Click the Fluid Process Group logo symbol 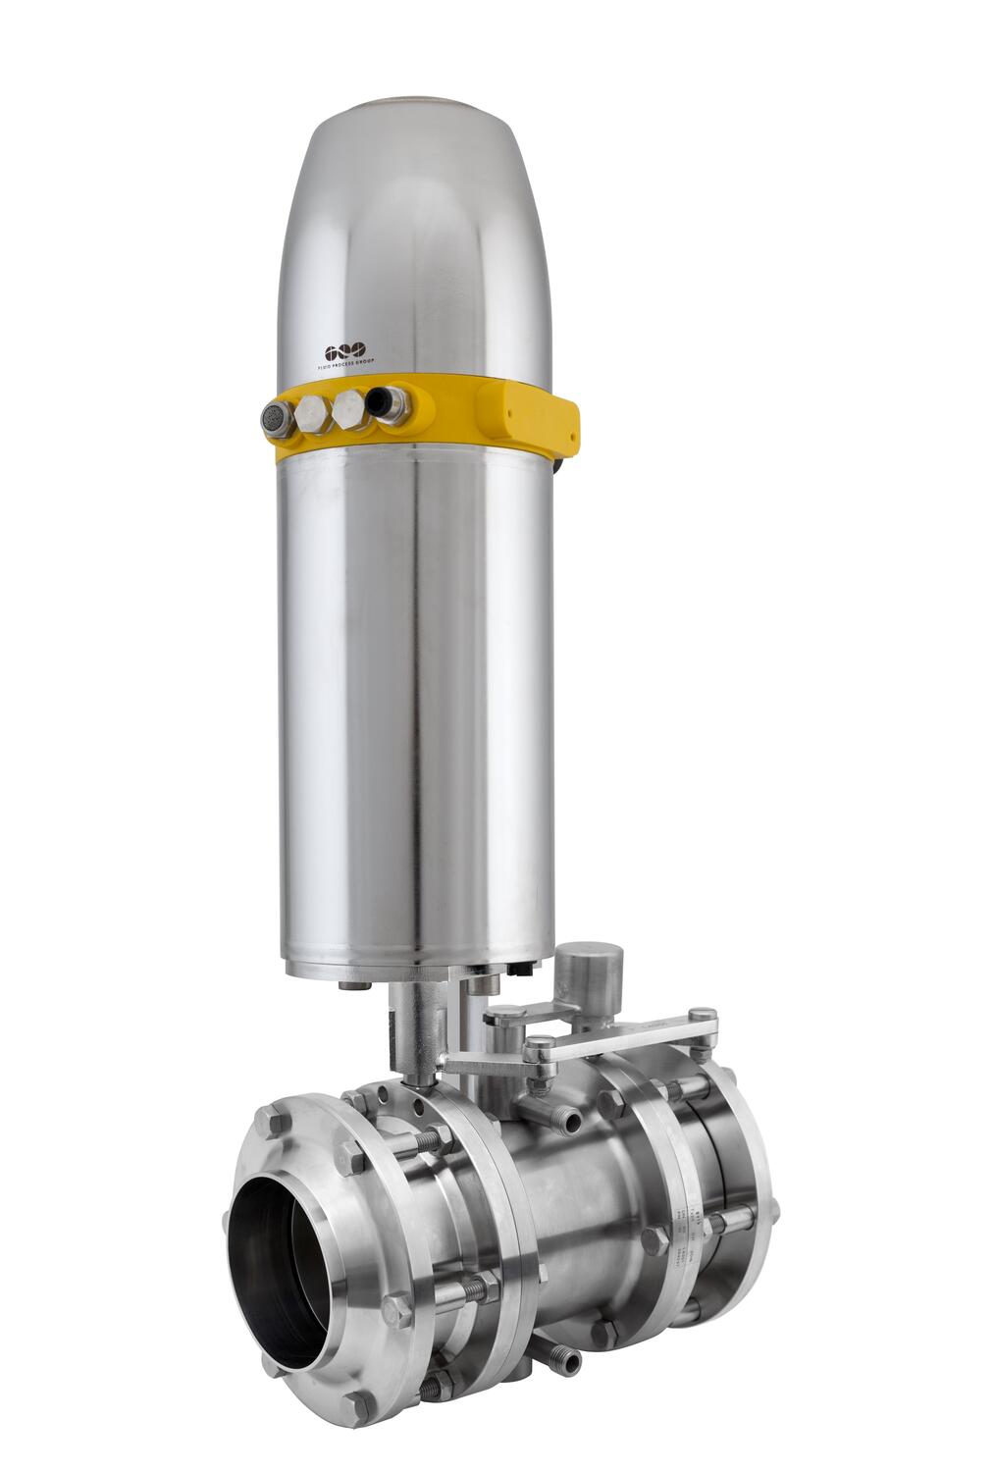coord(344,351)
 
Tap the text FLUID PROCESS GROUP coord(345,365)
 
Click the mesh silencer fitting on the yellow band coord(277,420)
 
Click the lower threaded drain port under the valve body coord(565,1360)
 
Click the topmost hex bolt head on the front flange coord(276,1120)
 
